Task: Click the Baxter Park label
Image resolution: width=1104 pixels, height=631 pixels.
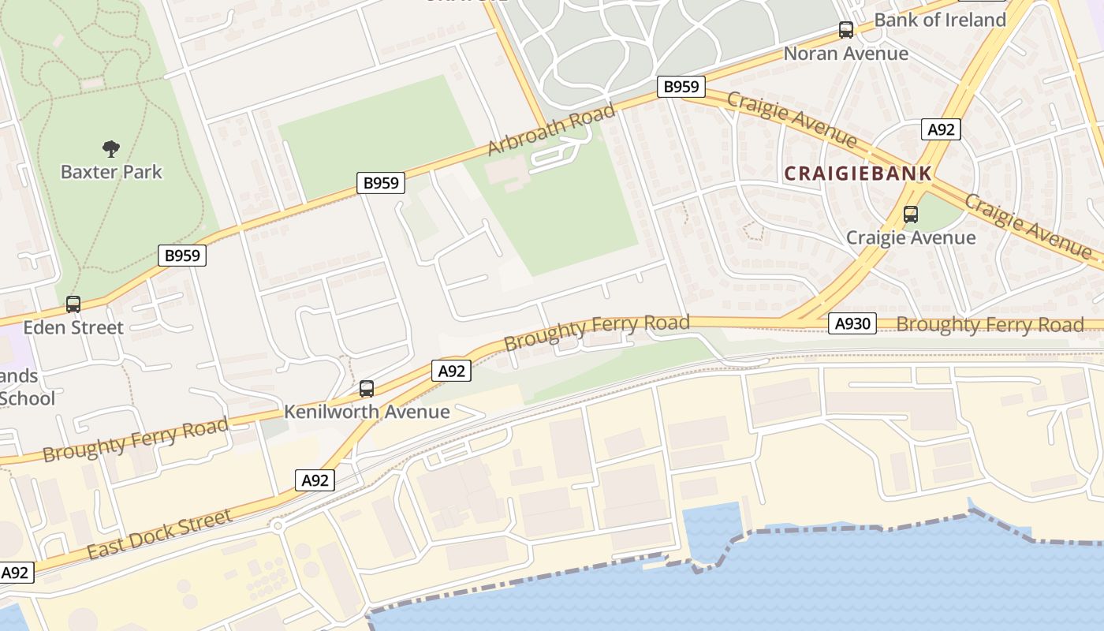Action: click(x=111, y=172)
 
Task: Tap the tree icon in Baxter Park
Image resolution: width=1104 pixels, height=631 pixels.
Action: click(x=111, y=148)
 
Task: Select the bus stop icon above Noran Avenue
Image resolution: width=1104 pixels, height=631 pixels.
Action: click(x=846, y=31)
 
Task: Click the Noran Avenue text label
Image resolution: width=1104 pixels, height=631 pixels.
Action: click(x=846, y=54)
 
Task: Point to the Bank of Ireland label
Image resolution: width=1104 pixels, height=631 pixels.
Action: click(x=940, y=20)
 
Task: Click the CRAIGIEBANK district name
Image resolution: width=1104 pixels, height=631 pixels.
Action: click(x=858, y=174)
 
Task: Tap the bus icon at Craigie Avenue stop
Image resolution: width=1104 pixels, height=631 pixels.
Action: click(x=911, y=215)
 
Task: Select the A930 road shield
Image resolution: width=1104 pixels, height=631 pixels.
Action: click(x=852, y=323)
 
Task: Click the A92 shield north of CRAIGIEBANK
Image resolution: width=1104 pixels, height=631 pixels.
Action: click(x=941, y=129)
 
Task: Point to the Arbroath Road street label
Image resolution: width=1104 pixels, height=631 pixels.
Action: click(x=550, y=130)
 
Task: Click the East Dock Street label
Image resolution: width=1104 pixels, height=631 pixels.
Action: click(x=159, y=535)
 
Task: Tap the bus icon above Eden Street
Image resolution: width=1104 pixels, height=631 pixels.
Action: click(x=73, y=304)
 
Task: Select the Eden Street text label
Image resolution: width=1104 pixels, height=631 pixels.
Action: click(x=73, y=327)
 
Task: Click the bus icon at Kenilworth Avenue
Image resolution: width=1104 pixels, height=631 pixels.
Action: click(x=367, y=389)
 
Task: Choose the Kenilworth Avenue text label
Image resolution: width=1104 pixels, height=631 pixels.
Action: click(x=367, y=412)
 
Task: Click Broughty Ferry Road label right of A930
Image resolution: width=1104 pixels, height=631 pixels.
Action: click(x=990, y=325)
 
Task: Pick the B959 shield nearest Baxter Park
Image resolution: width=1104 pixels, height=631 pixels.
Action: click(x=182, y=256)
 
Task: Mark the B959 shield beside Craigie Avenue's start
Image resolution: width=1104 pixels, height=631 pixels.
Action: click(x=681, y=87)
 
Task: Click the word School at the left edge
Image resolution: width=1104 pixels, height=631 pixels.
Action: click(x=28, y=398)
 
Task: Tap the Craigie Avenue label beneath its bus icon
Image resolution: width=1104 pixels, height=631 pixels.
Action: click(x=911, y=237)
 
